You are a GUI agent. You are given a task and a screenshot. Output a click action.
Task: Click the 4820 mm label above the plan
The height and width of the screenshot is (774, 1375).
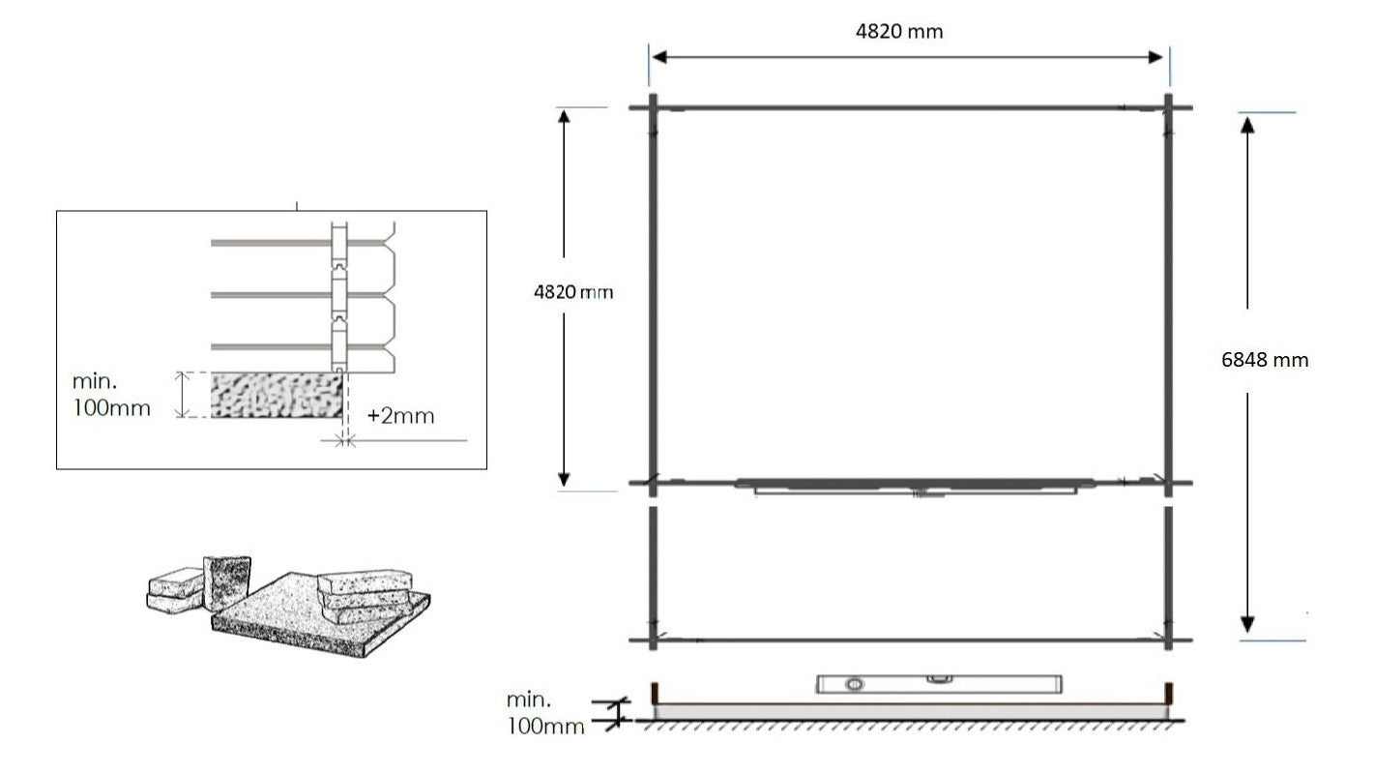click(899, 31)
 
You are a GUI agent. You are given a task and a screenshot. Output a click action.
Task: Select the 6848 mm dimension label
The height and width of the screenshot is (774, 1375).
click(1265, 360)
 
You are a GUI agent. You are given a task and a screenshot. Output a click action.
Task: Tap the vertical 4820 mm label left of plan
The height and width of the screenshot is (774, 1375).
click(573, 291)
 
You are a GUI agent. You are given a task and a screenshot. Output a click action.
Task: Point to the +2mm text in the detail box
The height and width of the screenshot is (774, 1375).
click(400, 417)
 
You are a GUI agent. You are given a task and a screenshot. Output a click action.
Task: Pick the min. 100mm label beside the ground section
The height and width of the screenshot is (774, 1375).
click(544, 713)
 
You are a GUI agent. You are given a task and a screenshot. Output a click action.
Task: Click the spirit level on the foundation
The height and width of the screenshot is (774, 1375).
click(938, 685)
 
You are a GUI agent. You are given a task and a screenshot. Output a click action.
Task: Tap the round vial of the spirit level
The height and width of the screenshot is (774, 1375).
click(854, 686)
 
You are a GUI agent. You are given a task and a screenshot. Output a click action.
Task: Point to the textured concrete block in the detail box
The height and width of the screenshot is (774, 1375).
click(277, 396)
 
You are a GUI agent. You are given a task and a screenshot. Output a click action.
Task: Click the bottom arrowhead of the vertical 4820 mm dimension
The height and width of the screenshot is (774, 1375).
click(565, 478)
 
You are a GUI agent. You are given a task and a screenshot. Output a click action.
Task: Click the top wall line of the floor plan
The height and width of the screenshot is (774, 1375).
click(909, 107)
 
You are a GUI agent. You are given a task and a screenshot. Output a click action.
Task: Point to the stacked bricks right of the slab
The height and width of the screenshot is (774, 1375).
click(367, 590)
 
